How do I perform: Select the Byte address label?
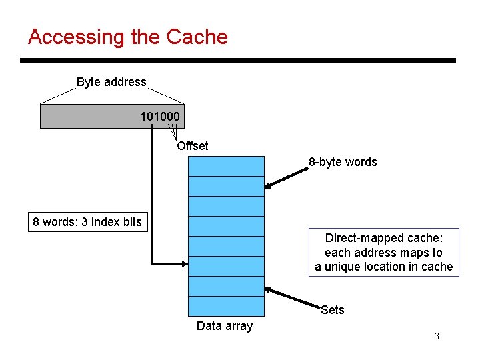111,82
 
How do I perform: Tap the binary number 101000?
159,117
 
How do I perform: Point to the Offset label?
192,146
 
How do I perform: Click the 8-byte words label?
342,162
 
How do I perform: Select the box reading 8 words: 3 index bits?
87,222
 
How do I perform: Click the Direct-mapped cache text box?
383,253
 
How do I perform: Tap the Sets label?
332,309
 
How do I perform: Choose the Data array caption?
225,326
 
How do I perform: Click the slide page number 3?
437,336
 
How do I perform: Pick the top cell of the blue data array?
226,166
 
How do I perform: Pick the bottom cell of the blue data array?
226,305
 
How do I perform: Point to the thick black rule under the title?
238,61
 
